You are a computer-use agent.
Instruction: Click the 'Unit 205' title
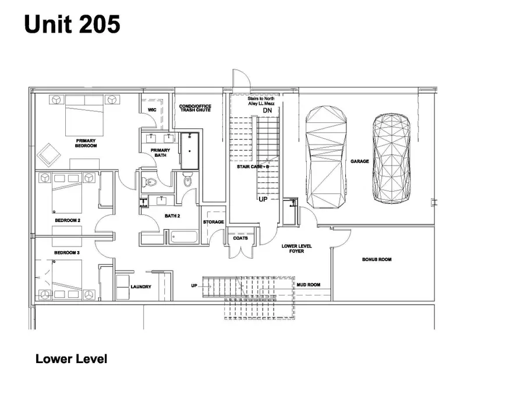point(72,24)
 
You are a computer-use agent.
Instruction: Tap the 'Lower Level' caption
point(71,359)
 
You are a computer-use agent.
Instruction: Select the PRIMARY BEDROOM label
point(85,143)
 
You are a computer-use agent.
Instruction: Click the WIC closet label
point(152,110)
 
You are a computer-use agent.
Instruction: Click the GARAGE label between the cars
point(359,161)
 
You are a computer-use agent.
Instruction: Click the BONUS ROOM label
point(377,259)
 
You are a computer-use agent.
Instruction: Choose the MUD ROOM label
point(308,285)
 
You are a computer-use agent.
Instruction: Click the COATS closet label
point(240,238)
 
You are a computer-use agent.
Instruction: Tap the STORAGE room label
point(213,222)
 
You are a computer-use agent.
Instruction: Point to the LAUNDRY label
point(141,287)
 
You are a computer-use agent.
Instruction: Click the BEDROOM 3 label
point(66,253)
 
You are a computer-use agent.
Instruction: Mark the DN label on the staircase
point(268,111)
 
